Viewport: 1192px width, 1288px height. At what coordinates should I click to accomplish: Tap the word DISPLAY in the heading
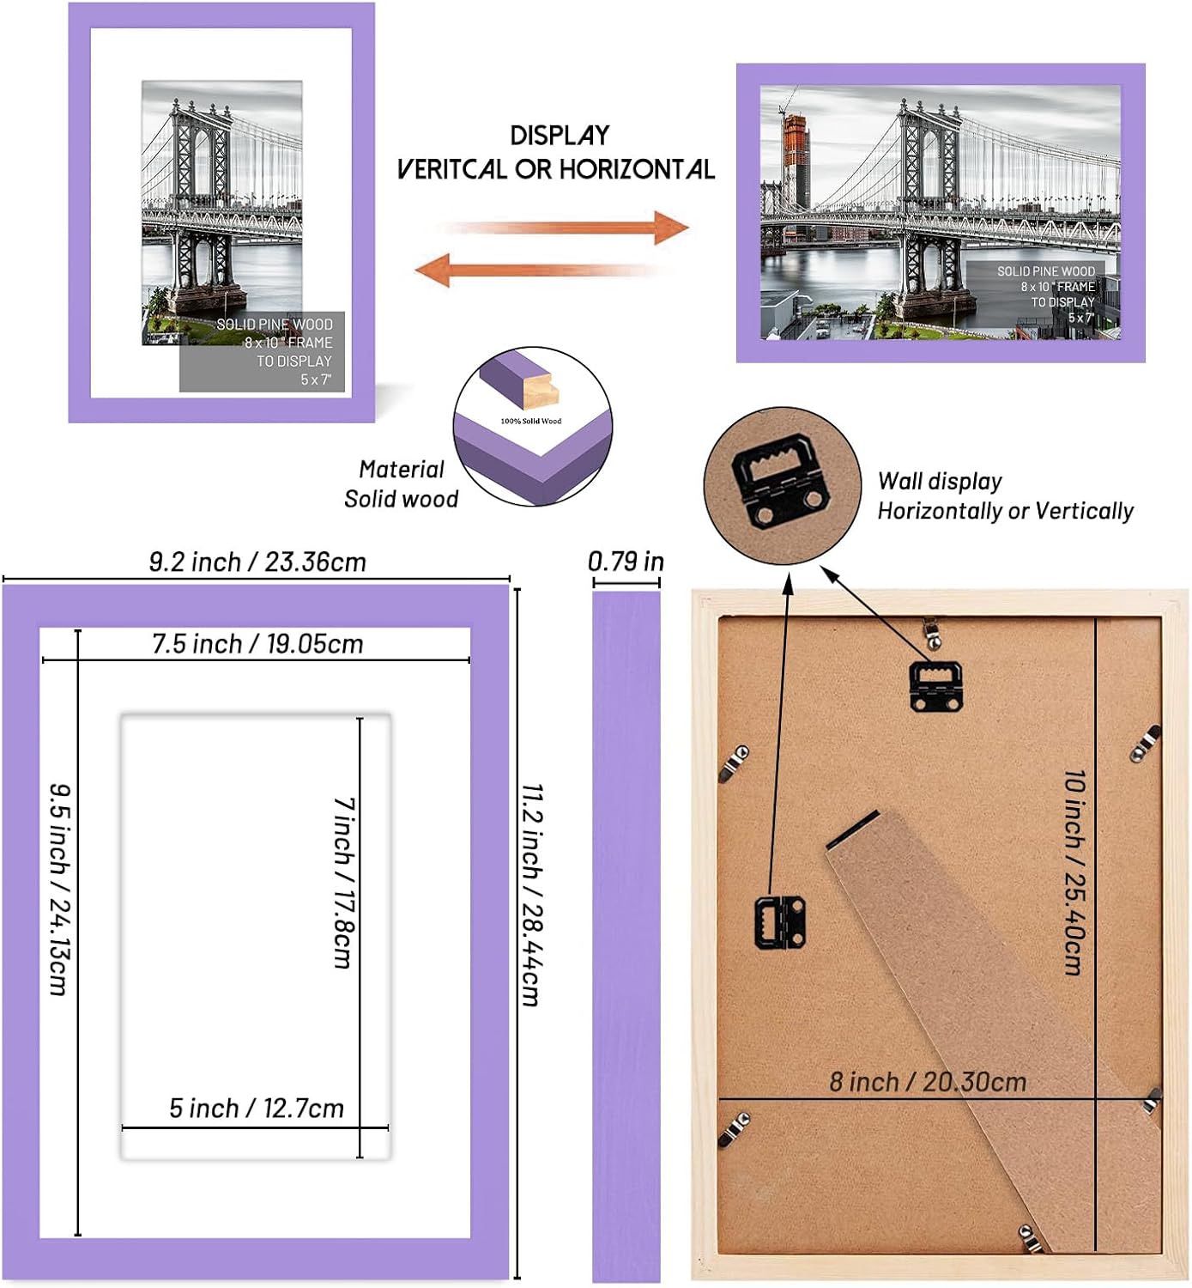[560, 136]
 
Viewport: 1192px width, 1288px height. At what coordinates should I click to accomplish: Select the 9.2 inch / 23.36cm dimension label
[257, 562]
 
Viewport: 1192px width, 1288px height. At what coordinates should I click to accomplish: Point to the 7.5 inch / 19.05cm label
[257, 644]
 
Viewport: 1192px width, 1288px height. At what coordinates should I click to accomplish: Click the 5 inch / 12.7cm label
[256, 1109]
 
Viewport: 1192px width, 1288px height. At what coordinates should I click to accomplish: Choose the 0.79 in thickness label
[626, 562]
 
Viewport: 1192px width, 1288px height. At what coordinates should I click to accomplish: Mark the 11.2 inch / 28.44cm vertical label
[531, 894]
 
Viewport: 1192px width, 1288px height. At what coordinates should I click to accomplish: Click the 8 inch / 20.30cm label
[928, 1082]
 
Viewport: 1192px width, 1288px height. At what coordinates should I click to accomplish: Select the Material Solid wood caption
[401, 484]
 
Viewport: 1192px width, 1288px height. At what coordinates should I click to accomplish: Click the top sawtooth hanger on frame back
[935, 685]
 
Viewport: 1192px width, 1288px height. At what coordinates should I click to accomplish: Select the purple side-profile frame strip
[626, 936]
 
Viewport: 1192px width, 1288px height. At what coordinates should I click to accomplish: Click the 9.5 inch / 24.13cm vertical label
[57, 889]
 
